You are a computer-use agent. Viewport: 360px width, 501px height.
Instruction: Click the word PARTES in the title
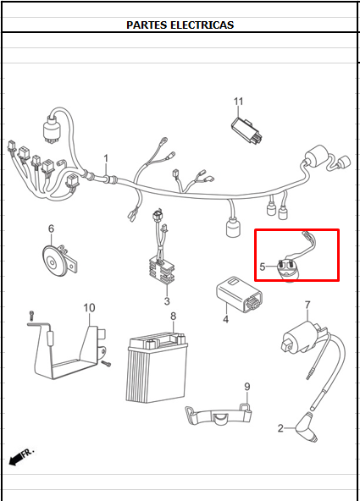click(147, 25)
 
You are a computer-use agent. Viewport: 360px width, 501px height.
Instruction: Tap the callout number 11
click(239, 102)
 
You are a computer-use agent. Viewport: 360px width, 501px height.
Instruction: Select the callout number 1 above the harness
click(106, 158)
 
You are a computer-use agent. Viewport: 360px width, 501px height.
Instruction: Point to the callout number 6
click(51, 228)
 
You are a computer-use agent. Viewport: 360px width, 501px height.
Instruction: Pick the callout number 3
click(167, 301)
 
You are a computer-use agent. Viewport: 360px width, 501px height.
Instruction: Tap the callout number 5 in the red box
click(263, 267)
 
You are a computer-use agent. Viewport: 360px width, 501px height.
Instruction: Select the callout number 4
click(225, 319)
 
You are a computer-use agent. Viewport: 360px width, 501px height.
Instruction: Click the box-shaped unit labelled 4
click(240, 295)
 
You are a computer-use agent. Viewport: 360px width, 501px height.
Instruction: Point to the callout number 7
click(307, 305)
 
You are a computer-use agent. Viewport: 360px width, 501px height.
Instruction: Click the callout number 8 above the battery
click(173, 316)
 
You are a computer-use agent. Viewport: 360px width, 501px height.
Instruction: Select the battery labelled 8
click(157, 367)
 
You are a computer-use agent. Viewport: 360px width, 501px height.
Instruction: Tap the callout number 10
click(89, 308)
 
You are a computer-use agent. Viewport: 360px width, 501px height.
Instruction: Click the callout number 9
click(247, 387)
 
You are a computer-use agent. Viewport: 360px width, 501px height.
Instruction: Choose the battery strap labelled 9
click(219, 415)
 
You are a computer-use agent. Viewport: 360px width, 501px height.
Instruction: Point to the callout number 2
click(280, 428)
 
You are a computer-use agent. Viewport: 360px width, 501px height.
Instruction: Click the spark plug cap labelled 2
click(307, 427)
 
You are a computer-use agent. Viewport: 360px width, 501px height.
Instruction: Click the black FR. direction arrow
click(17, 460)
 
